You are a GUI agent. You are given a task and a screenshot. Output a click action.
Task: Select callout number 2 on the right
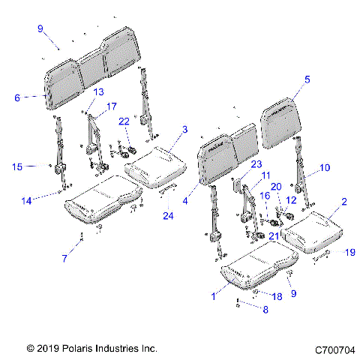(x=344, y=202)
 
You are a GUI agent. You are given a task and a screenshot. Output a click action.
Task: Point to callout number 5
(x=306, y=79)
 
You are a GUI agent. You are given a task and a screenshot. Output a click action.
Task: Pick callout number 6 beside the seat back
(x=16, y=96)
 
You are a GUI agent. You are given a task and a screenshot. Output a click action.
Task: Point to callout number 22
(x=123, y=121)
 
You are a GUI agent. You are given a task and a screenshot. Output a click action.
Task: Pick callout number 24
(x=167, y=218)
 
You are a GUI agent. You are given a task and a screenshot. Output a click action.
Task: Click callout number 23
(x=256, y=163)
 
